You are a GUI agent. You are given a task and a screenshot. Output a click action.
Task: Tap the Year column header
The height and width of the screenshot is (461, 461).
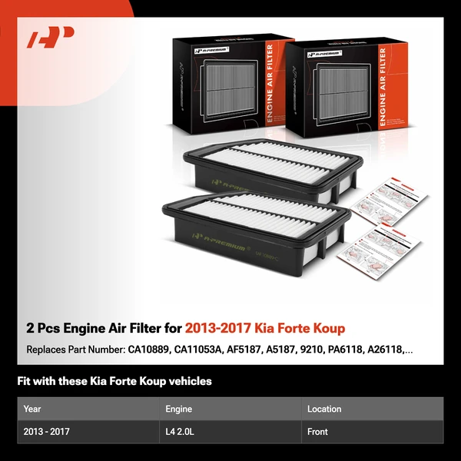tap(32, 409)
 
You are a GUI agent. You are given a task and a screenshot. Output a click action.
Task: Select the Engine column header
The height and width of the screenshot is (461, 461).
tap(178, 409)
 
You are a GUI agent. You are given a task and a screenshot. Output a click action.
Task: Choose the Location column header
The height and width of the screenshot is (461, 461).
tap(324, 409)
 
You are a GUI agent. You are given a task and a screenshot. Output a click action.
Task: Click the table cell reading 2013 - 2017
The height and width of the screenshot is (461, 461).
tap(46, 432)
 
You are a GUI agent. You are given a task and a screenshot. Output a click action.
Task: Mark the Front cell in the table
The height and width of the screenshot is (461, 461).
tap(317, 432)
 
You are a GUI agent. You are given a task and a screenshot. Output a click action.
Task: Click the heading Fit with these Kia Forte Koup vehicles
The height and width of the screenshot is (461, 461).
tap(114, 381)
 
